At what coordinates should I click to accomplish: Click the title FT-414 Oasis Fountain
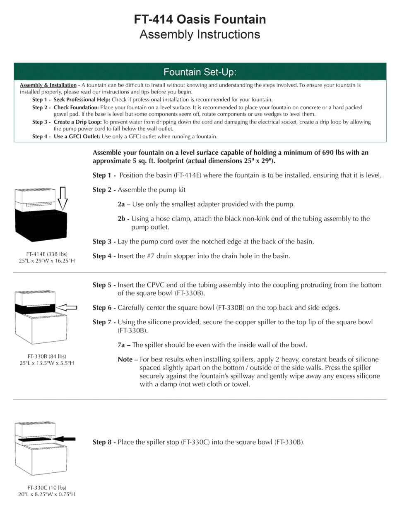pos(200,19)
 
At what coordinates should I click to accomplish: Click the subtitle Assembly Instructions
pos(200,34)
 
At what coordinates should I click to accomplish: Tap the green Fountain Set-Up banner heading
pos(200,72)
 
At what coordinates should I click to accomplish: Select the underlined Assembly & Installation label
pos(48,85)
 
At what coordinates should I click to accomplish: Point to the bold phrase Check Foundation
pos(76,108)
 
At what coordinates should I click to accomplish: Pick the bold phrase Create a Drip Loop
pos(77,122)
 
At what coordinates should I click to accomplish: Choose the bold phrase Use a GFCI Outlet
pos(77,136)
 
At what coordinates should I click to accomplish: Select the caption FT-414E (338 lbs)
pos(47,254)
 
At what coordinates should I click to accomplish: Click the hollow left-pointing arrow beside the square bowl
pos(66,307)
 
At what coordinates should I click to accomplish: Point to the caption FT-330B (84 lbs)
pos(47,356)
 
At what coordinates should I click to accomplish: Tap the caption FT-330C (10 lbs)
pos(47,488)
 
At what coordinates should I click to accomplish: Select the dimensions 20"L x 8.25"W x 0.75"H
pos(47,494)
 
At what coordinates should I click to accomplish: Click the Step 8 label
pos(104,442)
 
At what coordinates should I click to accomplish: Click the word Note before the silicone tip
pos(125,359)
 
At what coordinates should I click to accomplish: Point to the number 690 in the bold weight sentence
pos(329,153)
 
